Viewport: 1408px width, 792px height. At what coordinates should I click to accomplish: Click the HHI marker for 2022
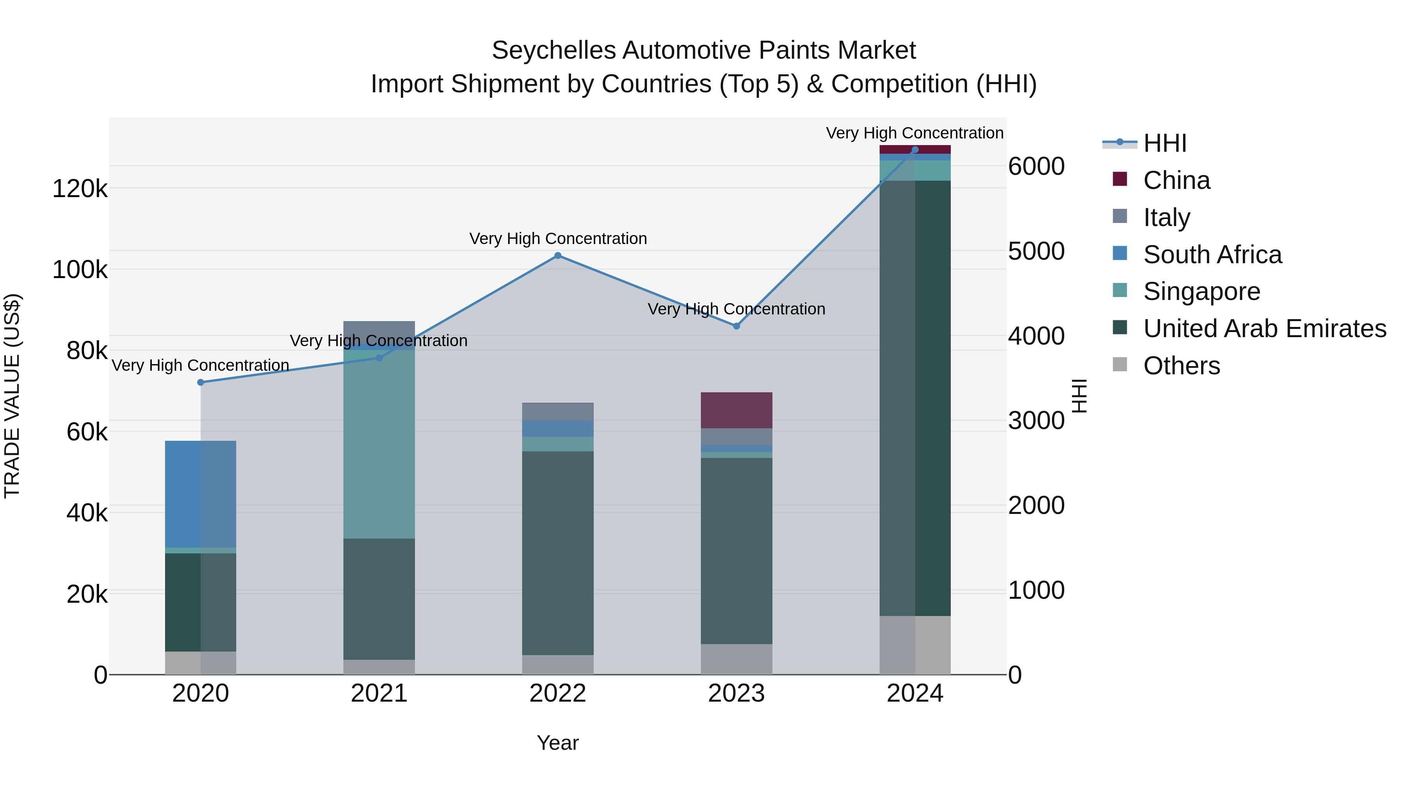tap(557, 255)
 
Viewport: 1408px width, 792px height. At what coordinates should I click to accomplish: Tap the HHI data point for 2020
tap(201, 382)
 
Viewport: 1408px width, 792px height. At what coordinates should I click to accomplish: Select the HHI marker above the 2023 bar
tap(736, 326)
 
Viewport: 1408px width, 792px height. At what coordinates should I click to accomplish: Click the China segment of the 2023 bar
tap(736, 410)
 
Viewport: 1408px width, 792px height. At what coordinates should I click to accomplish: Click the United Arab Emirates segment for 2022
tap(557, 552)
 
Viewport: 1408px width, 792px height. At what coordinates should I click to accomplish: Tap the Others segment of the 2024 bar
tap(915, 645)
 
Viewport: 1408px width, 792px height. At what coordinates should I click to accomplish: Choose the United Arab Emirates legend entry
tap(1264, 329)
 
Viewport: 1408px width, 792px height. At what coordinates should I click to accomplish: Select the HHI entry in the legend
tap(1164, 143)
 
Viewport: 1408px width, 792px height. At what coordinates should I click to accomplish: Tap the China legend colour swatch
tap(1119, 179)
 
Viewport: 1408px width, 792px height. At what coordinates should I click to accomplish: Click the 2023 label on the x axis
tap(736, 693)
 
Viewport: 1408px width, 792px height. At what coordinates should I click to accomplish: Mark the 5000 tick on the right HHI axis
tap(1036, 251)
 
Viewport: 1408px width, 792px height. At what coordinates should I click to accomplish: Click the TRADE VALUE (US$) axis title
tap(12, 396)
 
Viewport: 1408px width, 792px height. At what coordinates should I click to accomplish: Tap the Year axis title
tap(557, 743)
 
